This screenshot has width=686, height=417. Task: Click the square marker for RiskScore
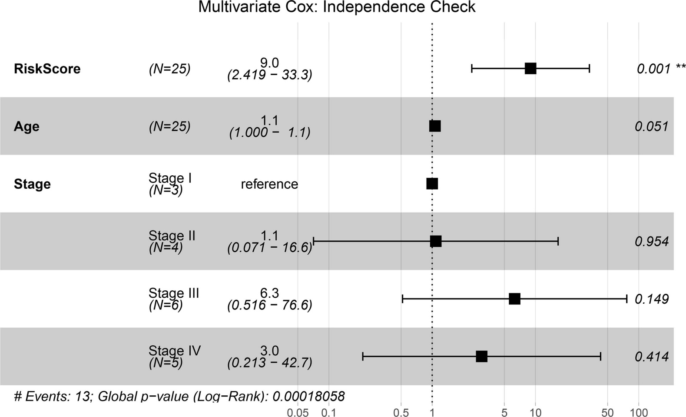(530, 69)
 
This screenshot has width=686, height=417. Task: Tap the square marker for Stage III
(514, 299)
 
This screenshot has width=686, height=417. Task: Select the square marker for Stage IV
(481, 357)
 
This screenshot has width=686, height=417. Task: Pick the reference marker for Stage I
(432, 184)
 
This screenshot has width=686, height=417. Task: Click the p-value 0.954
(651, 242)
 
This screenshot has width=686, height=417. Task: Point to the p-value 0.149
(651, 299)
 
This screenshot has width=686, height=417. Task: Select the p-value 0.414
(651, 357)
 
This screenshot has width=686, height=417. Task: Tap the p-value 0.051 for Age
(651, 127)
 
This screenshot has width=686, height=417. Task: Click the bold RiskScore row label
(47, 69)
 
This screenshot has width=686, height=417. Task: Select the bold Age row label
(27, 127)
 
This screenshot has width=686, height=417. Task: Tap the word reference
(269, 184)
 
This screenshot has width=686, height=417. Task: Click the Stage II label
(172, 236)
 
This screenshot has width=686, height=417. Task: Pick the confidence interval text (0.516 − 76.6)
(269, 305)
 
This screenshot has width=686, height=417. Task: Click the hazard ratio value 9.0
(269, 63)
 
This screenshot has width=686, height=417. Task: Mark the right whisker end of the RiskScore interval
(589, 69)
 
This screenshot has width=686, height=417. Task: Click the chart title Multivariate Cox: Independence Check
(337, 7)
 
